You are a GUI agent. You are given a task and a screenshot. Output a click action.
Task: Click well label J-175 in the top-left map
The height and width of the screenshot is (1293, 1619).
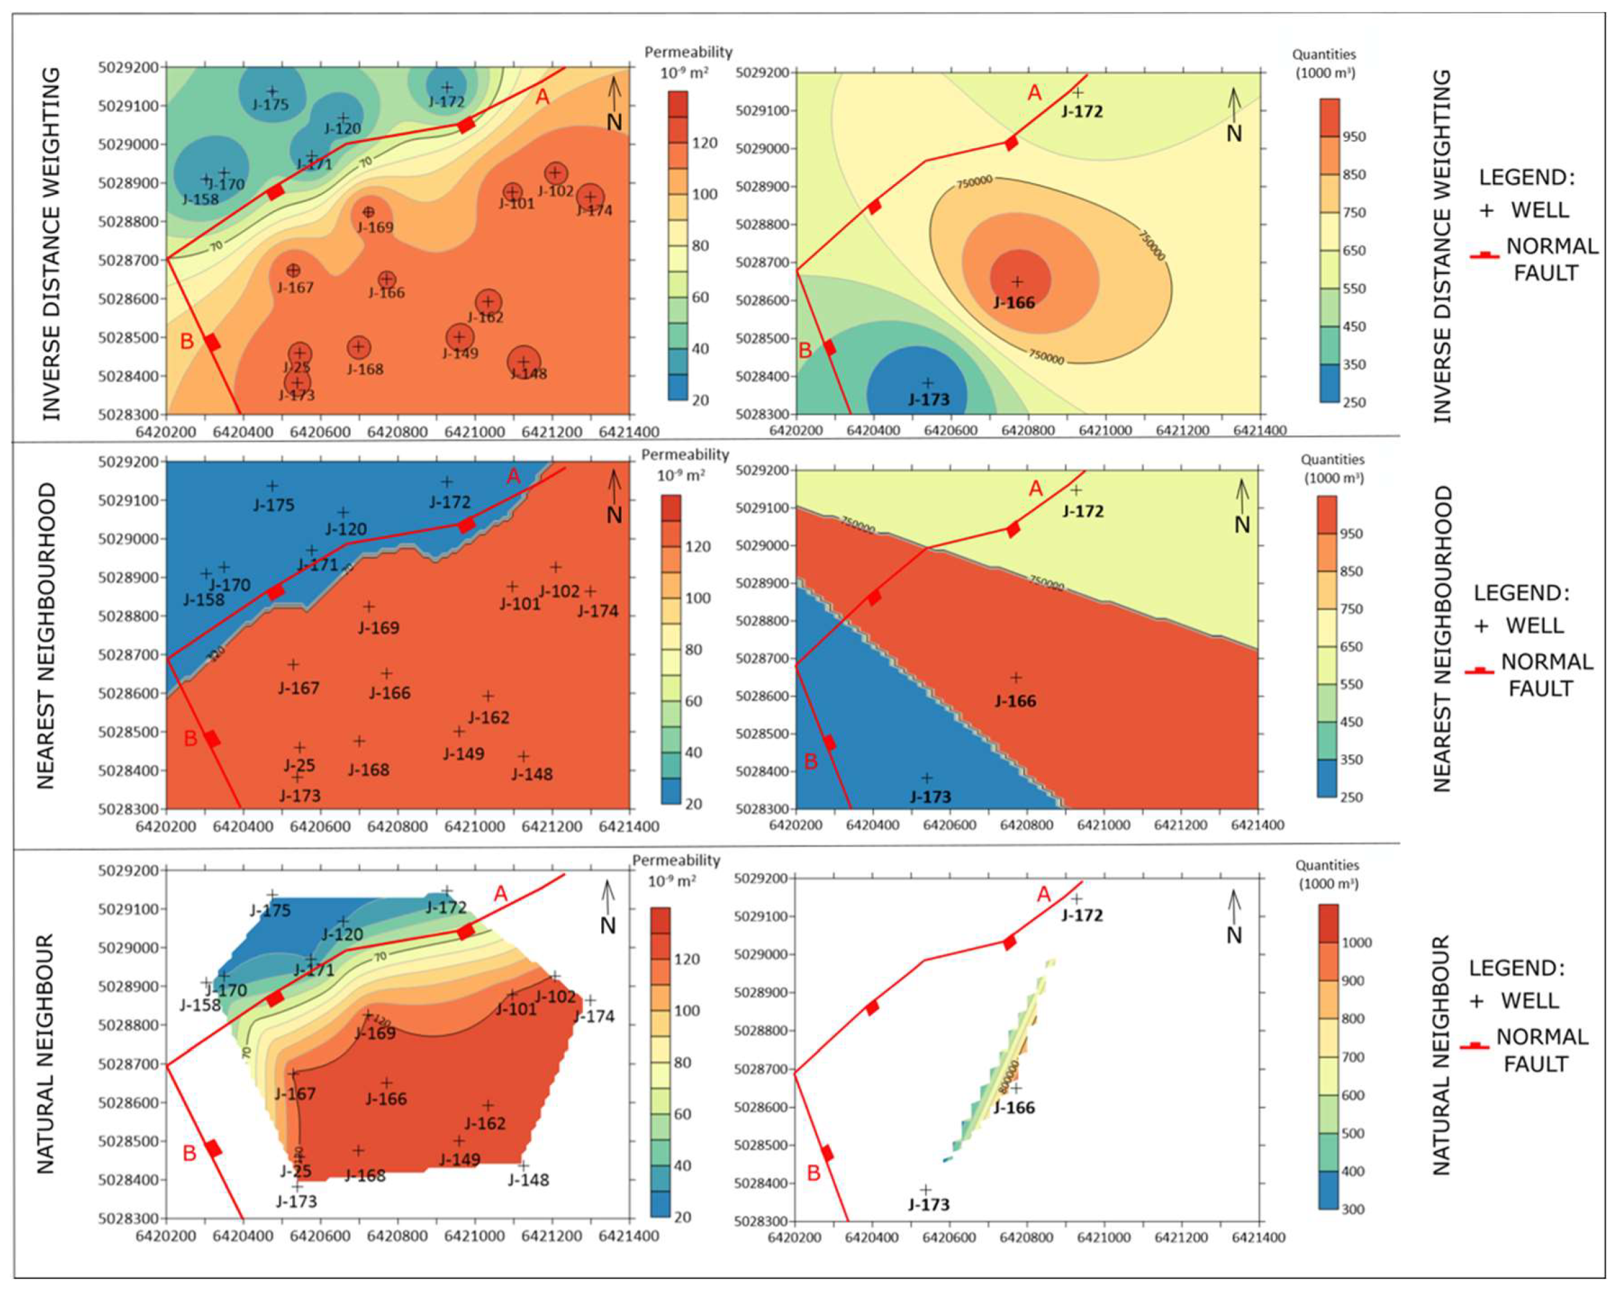click(x=270, y=105)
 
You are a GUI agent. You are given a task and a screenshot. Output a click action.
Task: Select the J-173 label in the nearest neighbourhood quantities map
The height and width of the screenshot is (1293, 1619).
click(x=930, y=797)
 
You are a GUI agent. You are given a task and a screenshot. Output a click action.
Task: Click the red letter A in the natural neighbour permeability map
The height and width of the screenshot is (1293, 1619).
click(x=501, y=894)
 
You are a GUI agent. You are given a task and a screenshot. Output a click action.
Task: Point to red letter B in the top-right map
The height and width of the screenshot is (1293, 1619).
click(x=805, y=351)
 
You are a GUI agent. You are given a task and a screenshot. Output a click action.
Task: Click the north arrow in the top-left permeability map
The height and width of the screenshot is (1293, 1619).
click(x=614, y=105)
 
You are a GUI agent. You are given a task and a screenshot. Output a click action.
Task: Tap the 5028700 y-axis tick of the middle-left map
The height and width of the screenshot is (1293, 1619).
click(x=128, y=655)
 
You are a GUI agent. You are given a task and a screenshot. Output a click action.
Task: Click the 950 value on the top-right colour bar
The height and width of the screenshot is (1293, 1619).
click(x=1354, y=137)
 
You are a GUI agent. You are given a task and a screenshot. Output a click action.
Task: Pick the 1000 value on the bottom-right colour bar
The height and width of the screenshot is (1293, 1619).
click(x=1356, y=943)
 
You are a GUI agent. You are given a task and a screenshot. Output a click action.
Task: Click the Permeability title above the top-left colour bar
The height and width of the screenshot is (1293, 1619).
click(x=688, y=52)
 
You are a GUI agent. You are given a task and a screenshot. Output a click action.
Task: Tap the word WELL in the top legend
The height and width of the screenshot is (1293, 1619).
click(x=1540, y=209)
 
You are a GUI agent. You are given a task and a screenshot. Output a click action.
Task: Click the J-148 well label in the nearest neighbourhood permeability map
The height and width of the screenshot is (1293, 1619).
click(x=532, y=774)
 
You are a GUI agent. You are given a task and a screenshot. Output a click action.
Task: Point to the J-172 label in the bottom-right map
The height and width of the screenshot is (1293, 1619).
click(x=1081, y=916)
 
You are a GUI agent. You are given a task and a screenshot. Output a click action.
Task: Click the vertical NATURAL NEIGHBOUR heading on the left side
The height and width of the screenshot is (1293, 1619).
click(x=47, y=1054)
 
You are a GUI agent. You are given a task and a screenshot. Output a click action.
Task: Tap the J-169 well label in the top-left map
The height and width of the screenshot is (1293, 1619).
click(x=375, y=227)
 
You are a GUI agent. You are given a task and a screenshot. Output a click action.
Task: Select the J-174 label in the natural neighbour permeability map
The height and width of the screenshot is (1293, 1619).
click(x=593, y=1016)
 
